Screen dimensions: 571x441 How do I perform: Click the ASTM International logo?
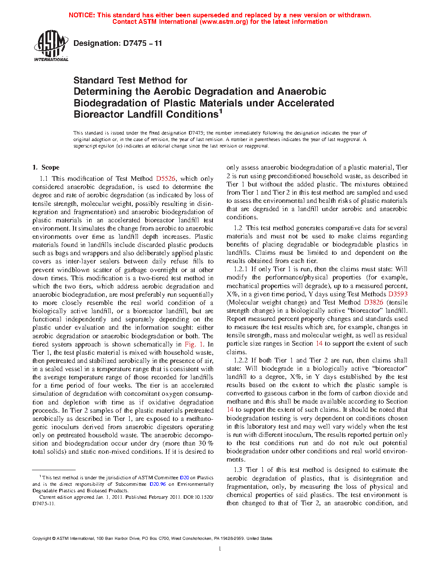tap(51, 45)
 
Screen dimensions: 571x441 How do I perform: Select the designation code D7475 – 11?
tap(142, 43)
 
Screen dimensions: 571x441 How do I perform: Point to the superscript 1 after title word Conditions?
tap(220, 112)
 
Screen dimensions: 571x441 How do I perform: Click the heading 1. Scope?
tap(46, 167)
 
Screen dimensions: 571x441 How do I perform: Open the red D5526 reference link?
tap(166, 178)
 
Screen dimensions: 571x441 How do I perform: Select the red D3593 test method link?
tap(398, 294)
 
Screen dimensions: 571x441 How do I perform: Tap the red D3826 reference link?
tap(374, 302)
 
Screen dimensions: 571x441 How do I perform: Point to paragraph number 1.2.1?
tap(240, 269)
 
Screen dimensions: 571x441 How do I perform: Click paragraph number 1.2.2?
tap(240, 360)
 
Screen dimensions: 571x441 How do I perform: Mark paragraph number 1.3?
tap(238, 470)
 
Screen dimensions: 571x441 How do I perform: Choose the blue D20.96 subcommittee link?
tap(158, 484)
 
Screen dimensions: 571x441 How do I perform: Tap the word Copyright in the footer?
tap(42, 539)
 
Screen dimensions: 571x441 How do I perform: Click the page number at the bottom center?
tap(220, 549)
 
